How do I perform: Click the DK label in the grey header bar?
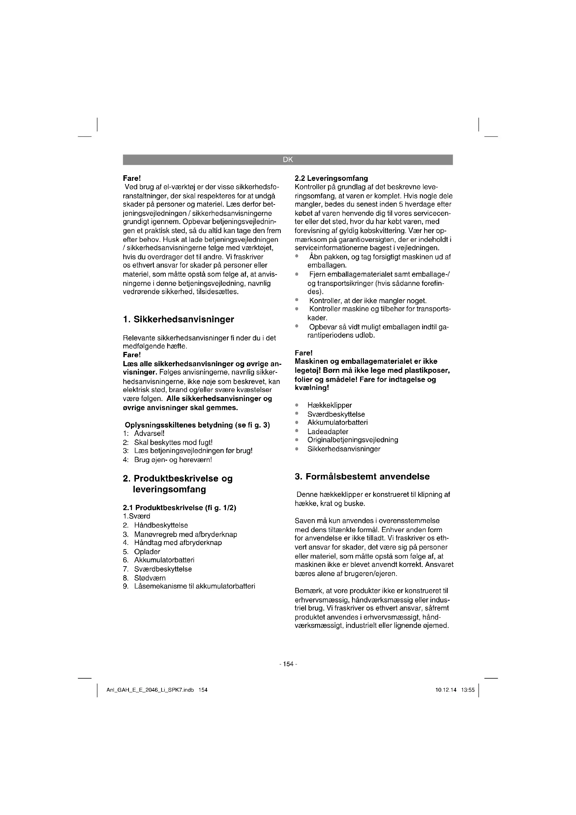pos(288,160)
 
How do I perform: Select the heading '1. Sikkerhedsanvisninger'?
pos(178,319)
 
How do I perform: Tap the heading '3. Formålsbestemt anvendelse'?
pos(362,476)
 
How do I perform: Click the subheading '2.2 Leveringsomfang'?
pos(331,178)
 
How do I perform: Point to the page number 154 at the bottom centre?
pos(288,664)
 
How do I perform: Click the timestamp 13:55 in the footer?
pos(468,690)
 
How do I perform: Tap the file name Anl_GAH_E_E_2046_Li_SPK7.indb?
pos(150,690)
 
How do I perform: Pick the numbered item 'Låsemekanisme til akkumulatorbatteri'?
pos(194,586)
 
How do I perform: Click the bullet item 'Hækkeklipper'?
pos(329,405)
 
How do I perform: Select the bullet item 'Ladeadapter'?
pos(328,432)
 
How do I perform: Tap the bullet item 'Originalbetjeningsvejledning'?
pos(352,440)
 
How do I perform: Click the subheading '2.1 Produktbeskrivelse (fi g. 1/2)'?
pos(179,508)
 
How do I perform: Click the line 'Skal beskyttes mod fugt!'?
pos(173,442)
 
